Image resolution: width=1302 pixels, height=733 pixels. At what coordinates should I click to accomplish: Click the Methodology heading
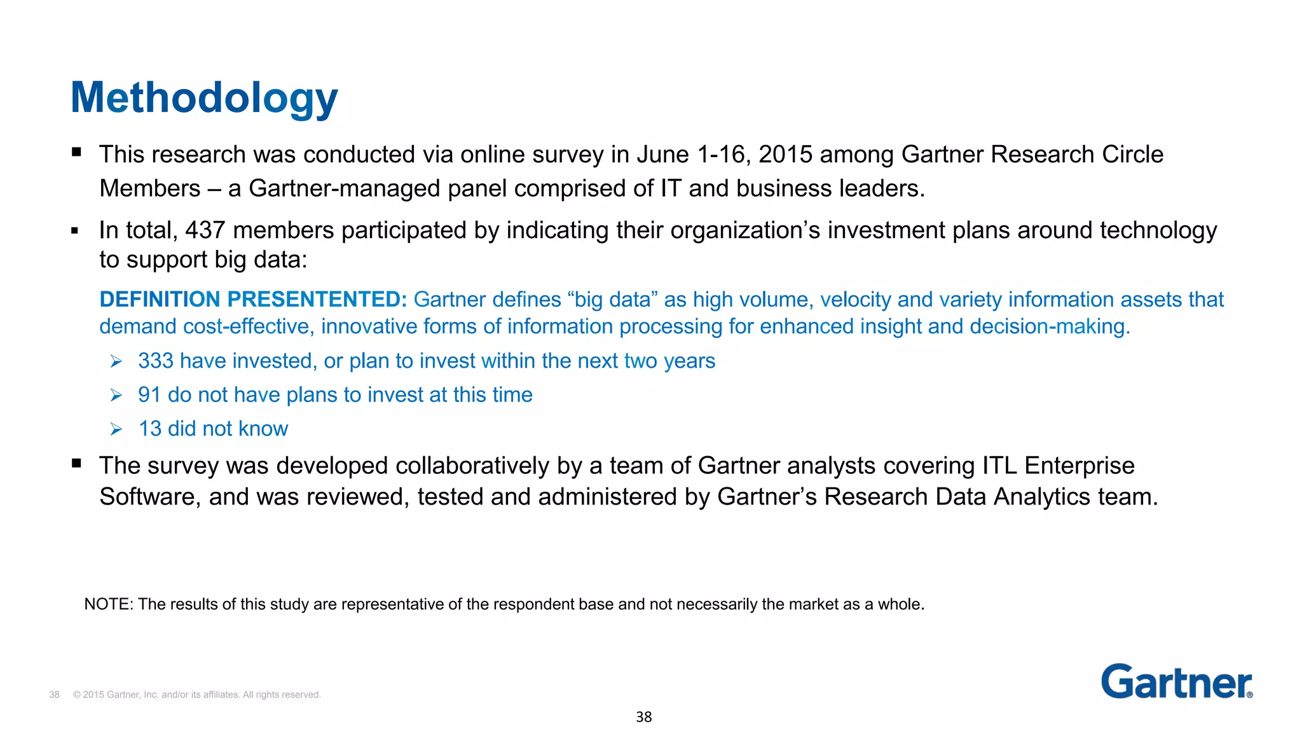tap(203, 98)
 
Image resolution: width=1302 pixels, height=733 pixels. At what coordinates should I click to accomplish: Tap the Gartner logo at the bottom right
tap(1176, 681)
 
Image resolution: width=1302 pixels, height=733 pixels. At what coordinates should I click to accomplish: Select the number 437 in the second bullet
tap(205, 230)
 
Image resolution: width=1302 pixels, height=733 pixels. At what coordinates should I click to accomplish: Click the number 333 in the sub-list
tap(156, 361)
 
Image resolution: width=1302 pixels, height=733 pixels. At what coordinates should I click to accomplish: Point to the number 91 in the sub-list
tap(149, 395)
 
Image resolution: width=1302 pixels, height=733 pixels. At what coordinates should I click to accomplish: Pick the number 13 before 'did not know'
tap(150, 429)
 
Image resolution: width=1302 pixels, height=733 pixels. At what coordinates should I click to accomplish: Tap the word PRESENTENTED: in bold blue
tap(317, 299)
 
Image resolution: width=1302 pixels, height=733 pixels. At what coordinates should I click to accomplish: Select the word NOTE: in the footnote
tap(108, 604)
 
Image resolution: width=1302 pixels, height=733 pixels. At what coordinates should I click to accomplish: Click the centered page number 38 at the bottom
tap(643, 717)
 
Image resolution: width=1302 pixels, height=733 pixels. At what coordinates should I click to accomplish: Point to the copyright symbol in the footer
tap(77, 695)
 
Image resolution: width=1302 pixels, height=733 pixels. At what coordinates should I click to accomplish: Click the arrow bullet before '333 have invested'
tap(116, 361)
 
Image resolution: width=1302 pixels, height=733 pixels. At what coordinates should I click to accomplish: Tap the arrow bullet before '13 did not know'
tap(116, 429)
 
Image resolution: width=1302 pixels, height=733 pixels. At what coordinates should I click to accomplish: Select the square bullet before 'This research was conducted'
tap(76, 152)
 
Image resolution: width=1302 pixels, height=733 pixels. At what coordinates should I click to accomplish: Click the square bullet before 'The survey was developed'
tap(76, 463)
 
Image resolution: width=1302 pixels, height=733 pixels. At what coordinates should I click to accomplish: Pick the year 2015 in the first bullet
tap(785, 155)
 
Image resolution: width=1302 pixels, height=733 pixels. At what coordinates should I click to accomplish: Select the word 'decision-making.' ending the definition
tap(1050, 326)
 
